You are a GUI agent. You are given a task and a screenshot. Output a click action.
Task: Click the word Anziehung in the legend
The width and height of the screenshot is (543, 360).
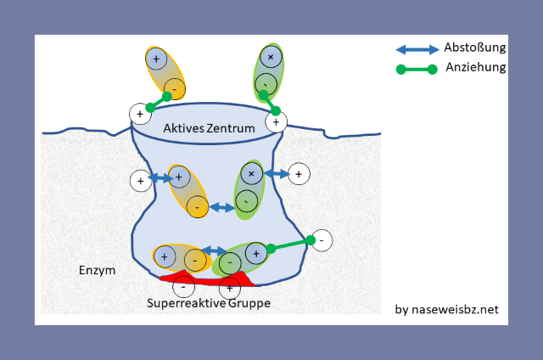(474, 68)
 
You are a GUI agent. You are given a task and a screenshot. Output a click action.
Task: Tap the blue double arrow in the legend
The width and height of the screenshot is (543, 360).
(417, 49)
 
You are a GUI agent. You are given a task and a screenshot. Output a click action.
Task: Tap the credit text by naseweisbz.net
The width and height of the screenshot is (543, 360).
(447, 309)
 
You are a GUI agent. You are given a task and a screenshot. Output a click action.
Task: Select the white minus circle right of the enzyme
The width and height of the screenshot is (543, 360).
(322, 240)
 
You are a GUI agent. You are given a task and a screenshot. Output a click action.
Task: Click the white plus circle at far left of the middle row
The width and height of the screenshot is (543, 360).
(140, 180)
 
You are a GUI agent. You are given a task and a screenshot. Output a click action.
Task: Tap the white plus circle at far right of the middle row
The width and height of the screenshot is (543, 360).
(298, 175)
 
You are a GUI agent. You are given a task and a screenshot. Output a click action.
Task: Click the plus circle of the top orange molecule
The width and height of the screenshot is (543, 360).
(156, 59)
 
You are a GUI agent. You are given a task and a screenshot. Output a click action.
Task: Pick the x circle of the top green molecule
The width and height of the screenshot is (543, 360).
(271, 58)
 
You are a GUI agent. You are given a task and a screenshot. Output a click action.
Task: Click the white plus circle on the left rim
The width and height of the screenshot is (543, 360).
(138, 113)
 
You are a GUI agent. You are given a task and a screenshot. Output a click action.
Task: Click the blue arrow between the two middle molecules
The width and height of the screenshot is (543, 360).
(222, 206)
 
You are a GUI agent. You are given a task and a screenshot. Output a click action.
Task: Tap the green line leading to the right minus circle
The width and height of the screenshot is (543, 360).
(291, 246)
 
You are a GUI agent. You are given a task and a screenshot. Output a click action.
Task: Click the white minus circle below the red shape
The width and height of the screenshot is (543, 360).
(188, 287)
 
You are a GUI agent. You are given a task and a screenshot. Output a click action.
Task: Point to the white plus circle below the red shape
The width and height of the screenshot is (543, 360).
(229, 288)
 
